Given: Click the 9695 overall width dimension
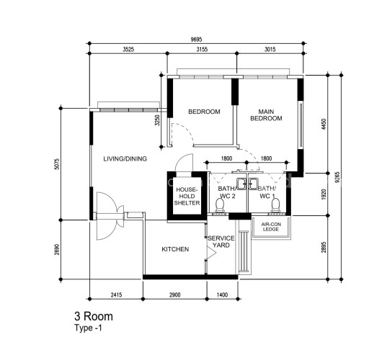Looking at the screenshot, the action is pyautogui.click(x=196, y=40).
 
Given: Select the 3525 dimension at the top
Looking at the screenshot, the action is pyautogui.click(x=128, y=49).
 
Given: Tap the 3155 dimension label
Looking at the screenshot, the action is pyautogui.click(x=202, y=49).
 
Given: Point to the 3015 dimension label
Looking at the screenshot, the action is pyautogui.click(x=270, y=49).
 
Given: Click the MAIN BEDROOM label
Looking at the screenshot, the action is pyautogui.click(x=266, y=115).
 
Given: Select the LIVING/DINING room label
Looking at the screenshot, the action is pyautogui.click(x=125, y=158).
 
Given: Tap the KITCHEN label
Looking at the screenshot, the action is pyautogui.click(x=175, y=249).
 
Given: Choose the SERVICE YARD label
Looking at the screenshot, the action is pyautogui.click(x=221, y=242).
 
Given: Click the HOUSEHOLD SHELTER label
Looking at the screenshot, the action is pyautogui.click(x=187, y=197).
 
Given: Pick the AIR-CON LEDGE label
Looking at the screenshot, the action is pyautogui.click(x=271, y=227).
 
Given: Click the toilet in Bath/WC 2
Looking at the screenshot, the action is pyautogui.click(x=219, y=205).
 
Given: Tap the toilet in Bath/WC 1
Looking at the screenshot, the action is pyautogui.click(x=275, y=205).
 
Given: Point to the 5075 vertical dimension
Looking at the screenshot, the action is pyautogui.click(x=57, y=164).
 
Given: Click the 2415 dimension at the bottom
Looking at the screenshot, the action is pyautogui.click(x=116, y=294).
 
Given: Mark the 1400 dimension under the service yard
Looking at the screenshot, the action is pyautogui.click(x=222, y=294).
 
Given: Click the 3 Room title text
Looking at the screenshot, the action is pyautogui.click(x=94, y=316).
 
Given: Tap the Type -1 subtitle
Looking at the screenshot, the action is pyautogui.click(x=88, y=328).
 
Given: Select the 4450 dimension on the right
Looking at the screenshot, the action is pyautogui.click(x=324, y=125).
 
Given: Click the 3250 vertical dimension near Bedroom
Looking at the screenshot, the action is pyautogui.click(x=157, y=120).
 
